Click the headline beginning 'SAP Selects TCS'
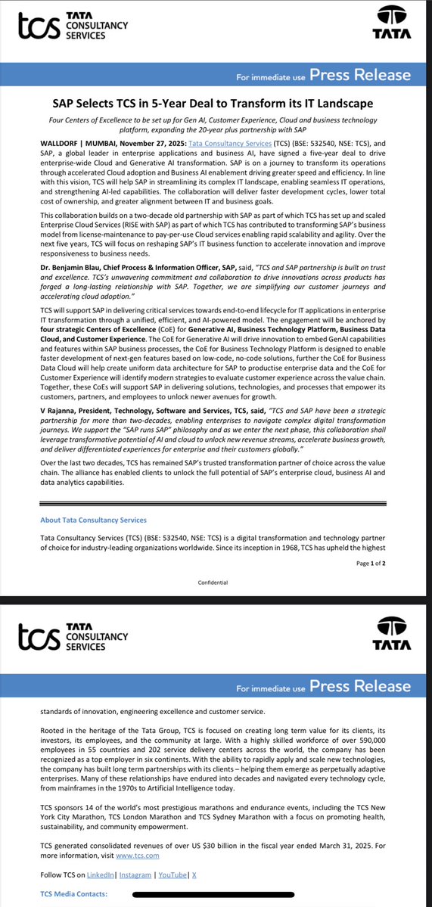216,104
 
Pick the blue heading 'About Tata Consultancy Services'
93,520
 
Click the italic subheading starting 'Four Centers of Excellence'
216,124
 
